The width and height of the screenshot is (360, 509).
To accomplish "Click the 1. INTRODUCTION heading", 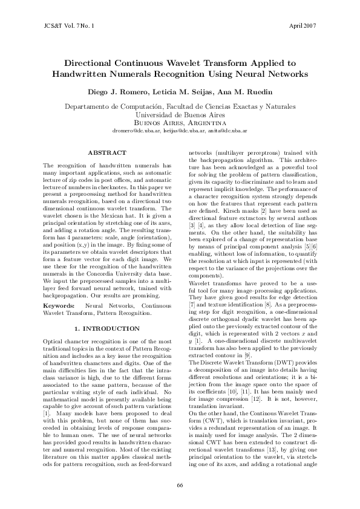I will coord(107,328).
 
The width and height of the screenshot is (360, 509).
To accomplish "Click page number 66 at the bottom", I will coord(180,485).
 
